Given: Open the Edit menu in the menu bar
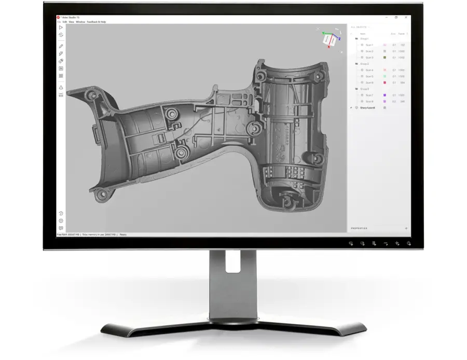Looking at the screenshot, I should pos(65,22).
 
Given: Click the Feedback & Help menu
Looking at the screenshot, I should pos(97,22).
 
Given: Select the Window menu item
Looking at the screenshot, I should pos(80,22).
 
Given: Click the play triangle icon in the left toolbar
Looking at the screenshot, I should pos(61,27).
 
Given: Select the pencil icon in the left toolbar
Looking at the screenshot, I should pos(61,46).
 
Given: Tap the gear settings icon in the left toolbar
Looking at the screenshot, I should pos(61,220).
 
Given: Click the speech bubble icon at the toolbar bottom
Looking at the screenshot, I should pos(61,228).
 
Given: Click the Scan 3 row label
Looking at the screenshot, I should pos(369,58).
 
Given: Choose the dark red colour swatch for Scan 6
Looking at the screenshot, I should pos(384,82).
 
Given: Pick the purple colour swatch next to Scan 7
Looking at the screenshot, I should pos(384,95).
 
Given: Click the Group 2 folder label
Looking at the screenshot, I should pos(364,64).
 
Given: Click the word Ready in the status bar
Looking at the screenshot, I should pos(123,234).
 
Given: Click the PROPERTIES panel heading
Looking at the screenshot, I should pos(359,228).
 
